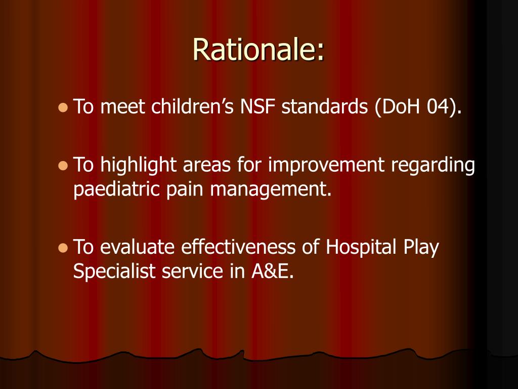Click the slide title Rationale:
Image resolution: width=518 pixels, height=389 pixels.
[x=258, y=50]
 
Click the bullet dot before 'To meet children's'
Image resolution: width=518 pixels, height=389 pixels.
[x=63, y=108]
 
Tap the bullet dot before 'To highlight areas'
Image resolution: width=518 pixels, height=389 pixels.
[x=63, y=166]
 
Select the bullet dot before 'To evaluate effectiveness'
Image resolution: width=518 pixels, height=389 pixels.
[x=63, y=248]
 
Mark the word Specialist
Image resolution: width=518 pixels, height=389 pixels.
[x=115, y=271]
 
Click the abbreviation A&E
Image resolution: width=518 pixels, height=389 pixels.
[x=272, y=271]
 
